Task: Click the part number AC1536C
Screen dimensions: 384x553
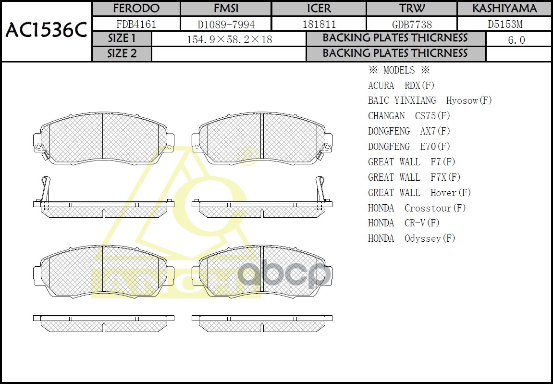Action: coord(46,31)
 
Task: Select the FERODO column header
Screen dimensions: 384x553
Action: coord(136,9)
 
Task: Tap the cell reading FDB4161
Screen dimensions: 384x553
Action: coord(136,24)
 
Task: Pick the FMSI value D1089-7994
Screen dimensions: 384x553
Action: coord(226,24)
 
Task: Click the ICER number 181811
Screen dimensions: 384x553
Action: coord(319,24)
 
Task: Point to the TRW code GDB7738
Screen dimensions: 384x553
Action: coord(412,24)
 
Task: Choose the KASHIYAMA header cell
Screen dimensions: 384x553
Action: coord(504,9)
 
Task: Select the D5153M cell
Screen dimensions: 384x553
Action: coord(504,24)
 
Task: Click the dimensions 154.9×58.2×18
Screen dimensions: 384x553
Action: coord(229,39)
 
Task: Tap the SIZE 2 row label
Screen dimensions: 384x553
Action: coord(122,54)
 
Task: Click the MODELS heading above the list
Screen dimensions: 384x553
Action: coord(398,70)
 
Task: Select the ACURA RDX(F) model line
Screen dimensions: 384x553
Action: coord(401,86)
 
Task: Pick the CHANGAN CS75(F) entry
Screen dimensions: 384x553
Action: coord(409,116)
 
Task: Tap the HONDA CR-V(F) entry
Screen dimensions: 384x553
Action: coord(404,223)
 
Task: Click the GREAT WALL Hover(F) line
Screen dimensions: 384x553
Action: coord(419,193)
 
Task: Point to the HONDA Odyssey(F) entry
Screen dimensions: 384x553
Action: coord(411,238)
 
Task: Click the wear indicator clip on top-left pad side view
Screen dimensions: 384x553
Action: coord(46,190)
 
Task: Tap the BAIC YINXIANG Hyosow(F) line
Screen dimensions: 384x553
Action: coord(430,100)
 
